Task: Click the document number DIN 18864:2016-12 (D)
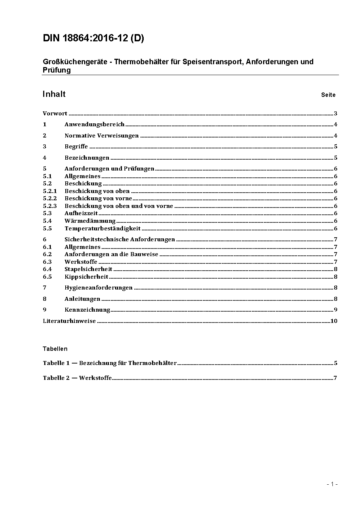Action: click(93, 38)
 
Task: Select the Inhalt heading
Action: click(54, 94)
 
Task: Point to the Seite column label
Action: click(328, 95)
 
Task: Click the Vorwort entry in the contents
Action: click(55, 114)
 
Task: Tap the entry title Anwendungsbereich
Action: click(94, 124)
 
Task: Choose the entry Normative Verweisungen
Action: click(102, 136)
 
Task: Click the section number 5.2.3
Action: click(50, 206)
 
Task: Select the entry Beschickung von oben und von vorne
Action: click(119, 206)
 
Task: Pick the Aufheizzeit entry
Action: click(81, 213)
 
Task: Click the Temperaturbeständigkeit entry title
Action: click(102, 229)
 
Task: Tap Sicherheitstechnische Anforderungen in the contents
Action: click(120, 239)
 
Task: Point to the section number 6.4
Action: click(47, 269)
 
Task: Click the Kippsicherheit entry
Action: click(86, 277)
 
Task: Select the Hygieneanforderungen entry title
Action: click(98, 288)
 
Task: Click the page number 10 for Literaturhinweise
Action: click(334, 321)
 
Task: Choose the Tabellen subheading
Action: click(55, 349)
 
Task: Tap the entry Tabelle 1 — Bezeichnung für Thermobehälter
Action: click(110, 363)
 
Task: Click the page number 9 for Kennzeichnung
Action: click(336, 310)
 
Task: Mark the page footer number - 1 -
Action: click(332, 484)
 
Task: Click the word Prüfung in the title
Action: click(57, 70)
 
